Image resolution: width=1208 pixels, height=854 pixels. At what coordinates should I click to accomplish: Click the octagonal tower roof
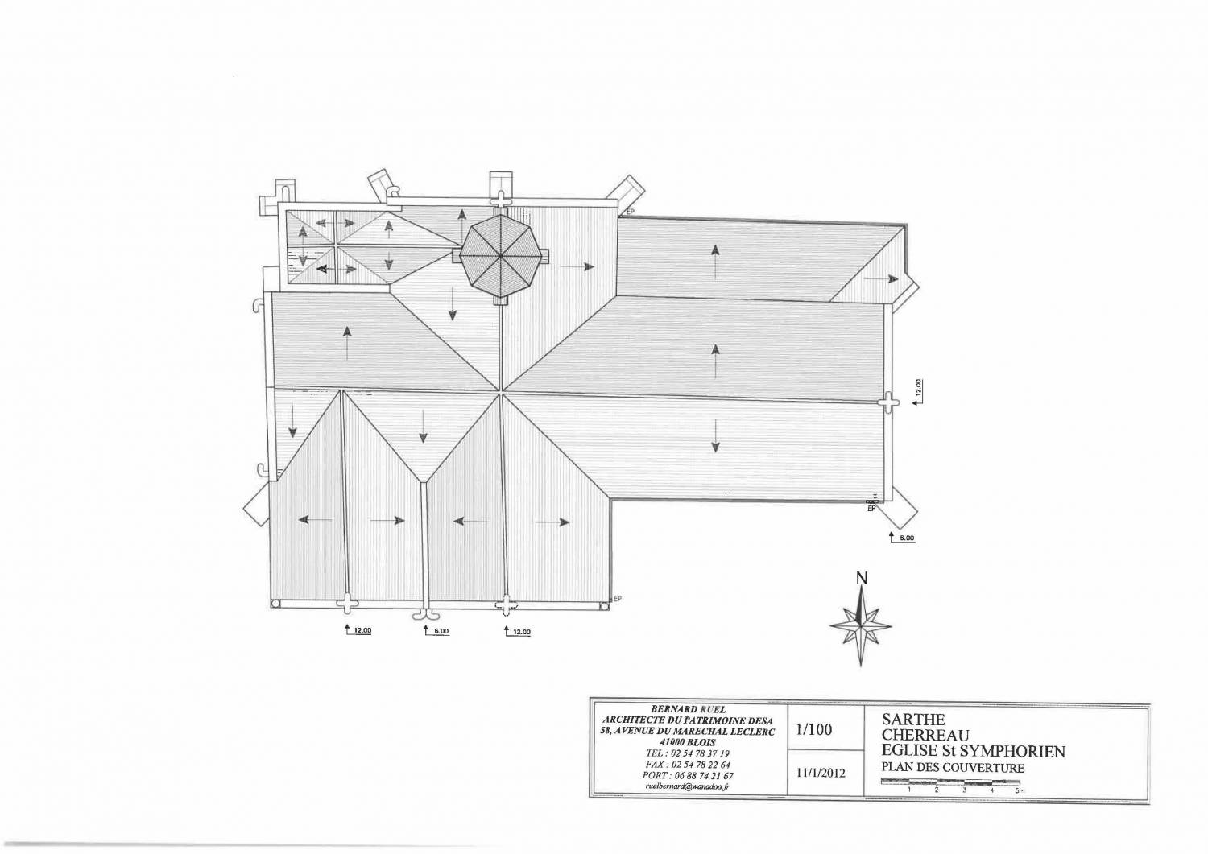501,255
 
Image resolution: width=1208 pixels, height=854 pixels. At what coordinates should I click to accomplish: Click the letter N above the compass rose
862,577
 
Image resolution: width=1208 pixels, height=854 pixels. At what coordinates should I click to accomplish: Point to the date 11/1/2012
820,773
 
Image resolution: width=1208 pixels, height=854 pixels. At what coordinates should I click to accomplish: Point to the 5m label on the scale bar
1020,790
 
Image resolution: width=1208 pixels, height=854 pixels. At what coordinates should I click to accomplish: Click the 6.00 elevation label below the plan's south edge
440,631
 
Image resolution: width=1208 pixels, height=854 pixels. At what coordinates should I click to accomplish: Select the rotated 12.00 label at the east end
920,388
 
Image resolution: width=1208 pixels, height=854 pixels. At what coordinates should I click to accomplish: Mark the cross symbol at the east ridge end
887,401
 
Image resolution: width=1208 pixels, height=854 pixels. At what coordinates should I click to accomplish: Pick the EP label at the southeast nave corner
871,509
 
